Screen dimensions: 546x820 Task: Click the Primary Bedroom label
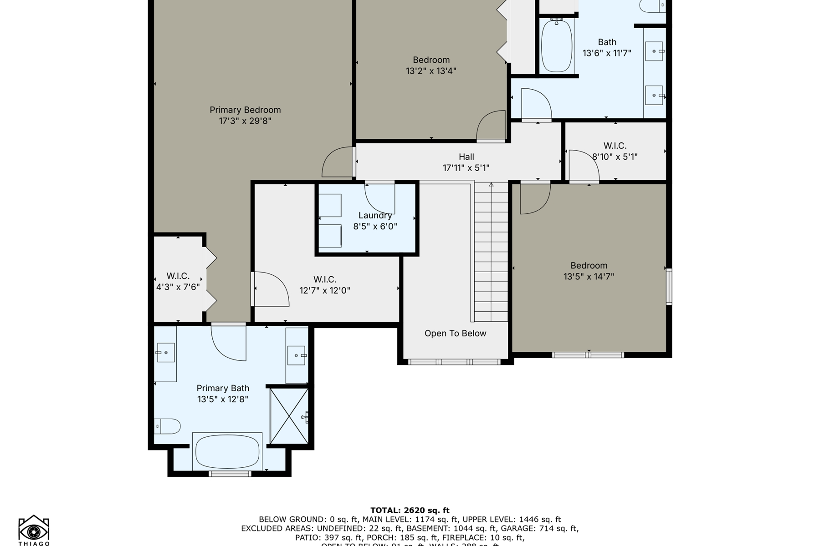pyautogui.click(x=245, y=110)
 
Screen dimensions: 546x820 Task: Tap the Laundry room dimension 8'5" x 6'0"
pyautogui.click(x=375, y=226)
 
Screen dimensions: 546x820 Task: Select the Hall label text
pyautogui.click(x=466, y=157)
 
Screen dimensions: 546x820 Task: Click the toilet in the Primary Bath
pyautogui.click(x=167, y=426)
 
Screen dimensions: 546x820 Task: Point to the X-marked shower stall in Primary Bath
pyautogui.click(x=289, y=416)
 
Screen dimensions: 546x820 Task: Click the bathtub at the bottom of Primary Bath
pyautogui.click(x=227, y=451)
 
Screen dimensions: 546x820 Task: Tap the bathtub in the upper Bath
pyautogui.click(x=556, y=45)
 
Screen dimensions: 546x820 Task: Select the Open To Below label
pyautogui.click(x=455, y=334)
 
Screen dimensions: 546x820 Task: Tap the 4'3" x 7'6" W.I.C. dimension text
pyautogui.click(x=178, y=287)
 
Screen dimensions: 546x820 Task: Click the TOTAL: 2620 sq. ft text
pyautogui.click(x=410, y=511)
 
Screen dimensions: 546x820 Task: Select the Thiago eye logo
pyautogui.click(x=34, y=530)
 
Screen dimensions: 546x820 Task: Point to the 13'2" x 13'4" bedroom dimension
pyautogui.click(x=431, y=71)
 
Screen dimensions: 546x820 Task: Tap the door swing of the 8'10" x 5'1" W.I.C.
pyautogui.click(x=583, y=166)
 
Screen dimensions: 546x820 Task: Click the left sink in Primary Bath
pyautogui.click(x=166, y=353)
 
